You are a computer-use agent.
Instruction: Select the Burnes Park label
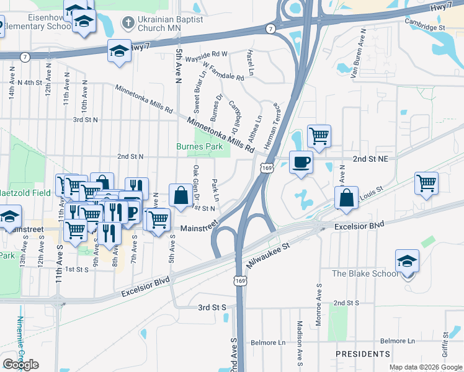199,147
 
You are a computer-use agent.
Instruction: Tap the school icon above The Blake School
407,261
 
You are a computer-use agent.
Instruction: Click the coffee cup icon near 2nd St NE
301,162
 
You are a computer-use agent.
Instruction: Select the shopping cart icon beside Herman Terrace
318,135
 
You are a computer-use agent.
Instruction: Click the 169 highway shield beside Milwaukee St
239,281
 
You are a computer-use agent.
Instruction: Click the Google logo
21,365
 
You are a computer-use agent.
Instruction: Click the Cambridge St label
425,28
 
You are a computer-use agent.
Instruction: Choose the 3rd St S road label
212,307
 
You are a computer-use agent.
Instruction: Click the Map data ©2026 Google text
426,367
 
